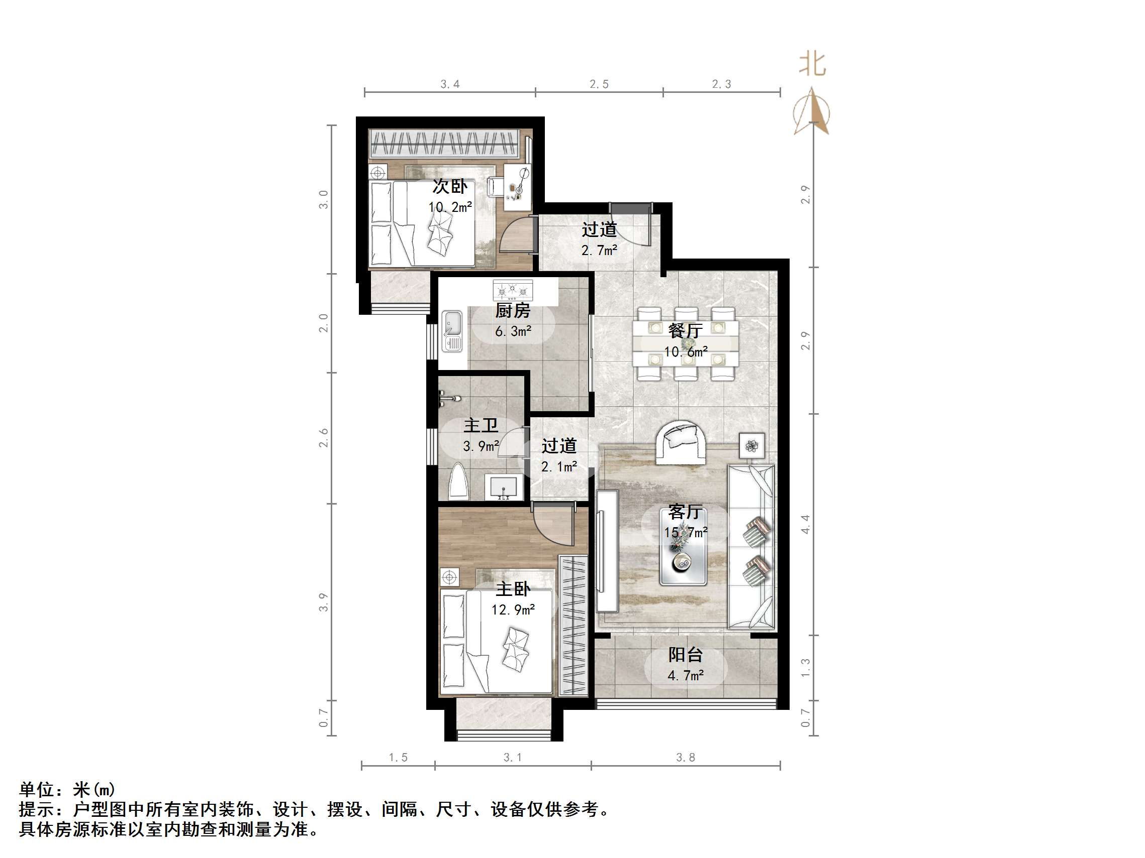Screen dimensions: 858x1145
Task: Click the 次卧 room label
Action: pyautogui.click(x=449, y=186)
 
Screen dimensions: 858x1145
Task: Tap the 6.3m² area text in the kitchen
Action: pyautogui.click(x=513, y=331)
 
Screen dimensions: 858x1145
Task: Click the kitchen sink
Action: pyautogui.click(x=452, y=331)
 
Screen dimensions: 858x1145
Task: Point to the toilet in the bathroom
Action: pyautogui.click(x=458, y=482)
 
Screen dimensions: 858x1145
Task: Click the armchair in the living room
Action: pyautogui.click(x=681, y=442)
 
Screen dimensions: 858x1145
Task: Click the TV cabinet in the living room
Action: pyautogui.click(x=607, y=551)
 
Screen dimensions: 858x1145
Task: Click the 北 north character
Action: pyautogui.click(x=812, y=65)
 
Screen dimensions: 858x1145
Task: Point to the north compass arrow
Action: pyautogui.click(x=812, y=111)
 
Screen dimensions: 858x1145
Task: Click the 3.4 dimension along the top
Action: pyautogui.click(x=449, y=84)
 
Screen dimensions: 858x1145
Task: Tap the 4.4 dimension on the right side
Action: pyautogui.click(x=805, y=524)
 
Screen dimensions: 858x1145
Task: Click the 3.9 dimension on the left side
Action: pyautogui.click(x=324, y=602)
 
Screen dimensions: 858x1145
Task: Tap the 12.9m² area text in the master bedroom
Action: pyautogui.click(x=513, y=610)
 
